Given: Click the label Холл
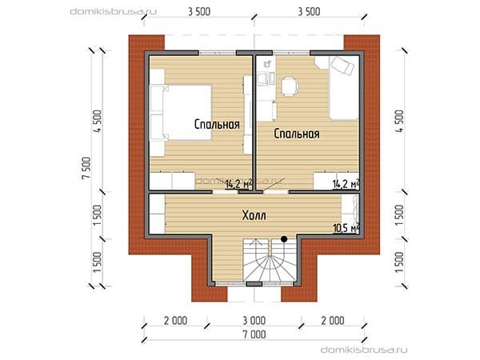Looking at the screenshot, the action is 254,215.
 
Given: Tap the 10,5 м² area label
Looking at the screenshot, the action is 346,228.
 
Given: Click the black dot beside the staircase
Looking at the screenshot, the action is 284,239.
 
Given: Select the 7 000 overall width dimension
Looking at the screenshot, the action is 254,334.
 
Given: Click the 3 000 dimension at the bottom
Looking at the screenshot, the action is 254,321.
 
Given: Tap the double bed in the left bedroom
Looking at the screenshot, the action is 181,113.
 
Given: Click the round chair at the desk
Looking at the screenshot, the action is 290,86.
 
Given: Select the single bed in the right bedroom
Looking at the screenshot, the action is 344,88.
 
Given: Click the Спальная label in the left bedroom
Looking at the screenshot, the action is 217,124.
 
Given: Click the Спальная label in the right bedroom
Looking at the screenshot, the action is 297,134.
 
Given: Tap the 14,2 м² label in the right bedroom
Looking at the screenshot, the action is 346,184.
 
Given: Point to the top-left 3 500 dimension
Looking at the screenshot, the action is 199,12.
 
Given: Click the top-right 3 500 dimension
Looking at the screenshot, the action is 309,12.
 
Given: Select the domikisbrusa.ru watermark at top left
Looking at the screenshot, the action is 114,12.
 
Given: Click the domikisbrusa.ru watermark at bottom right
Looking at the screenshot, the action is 364,350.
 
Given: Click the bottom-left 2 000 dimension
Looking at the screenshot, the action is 175,321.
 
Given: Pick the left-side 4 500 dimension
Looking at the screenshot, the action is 98,121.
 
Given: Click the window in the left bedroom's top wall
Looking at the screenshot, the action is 218,53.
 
